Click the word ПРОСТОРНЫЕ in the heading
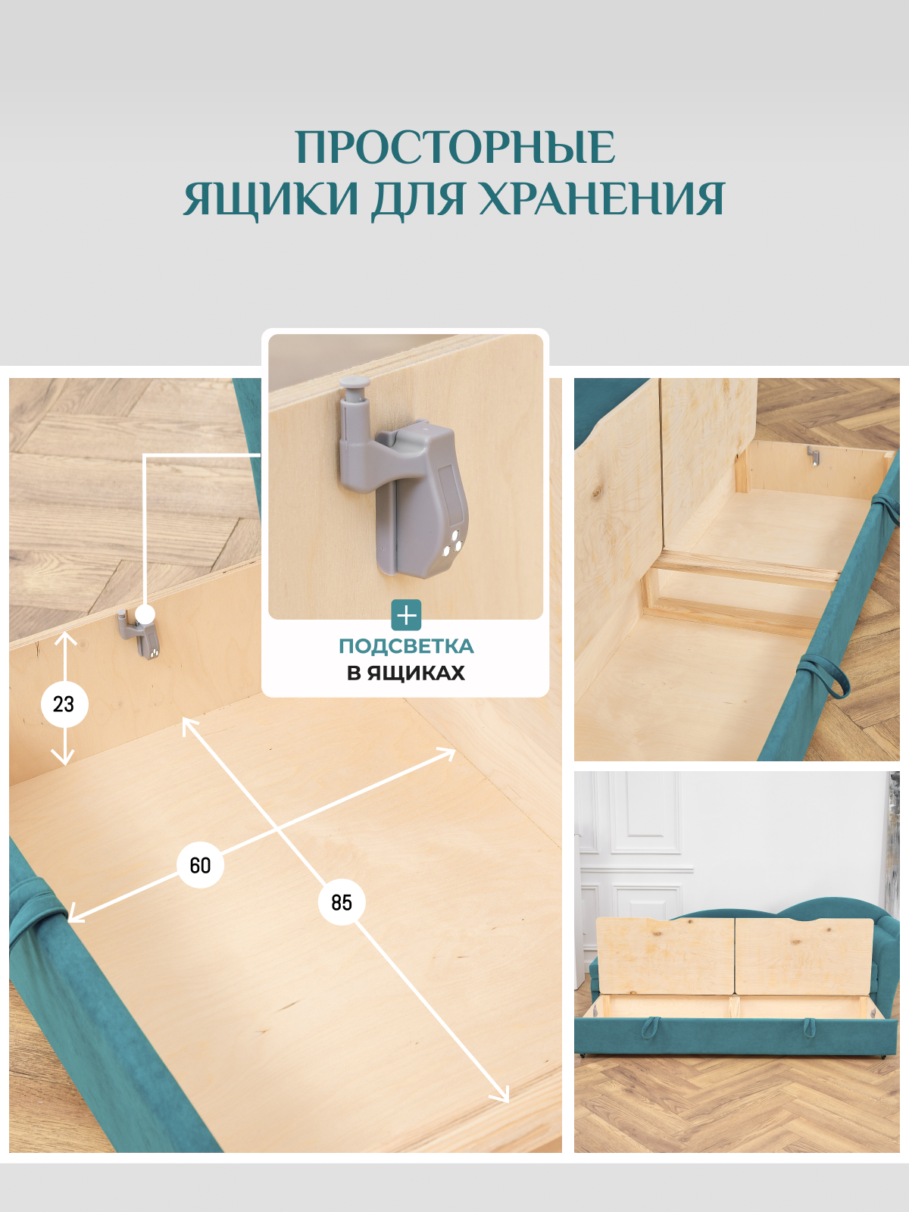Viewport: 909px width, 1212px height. coord(454,147)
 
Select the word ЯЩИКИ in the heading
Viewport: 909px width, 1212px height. coord(270,199)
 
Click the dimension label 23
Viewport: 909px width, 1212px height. coord(64,704)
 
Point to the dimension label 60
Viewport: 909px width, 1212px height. coord(200,865)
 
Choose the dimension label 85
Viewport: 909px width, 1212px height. coord(342,902)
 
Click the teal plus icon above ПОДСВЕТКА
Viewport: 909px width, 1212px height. coord(406,615)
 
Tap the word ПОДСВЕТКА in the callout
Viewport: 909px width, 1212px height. coord(406,646)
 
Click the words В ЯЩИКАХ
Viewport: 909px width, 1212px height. coord(406,673)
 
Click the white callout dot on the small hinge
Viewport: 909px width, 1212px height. coord(145,614)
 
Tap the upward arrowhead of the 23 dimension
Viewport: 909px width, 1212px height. coord(65,638)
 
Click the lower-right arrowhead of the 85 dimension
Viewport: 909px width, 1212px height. coord(503,1096)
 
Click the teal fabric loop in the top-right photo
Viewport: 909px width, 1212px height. coord(826,678)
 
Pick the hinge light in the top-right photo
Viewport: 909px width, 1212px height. coord(814,456)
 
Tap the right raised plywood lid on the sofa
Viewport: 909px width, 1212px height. coord(803,956)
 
